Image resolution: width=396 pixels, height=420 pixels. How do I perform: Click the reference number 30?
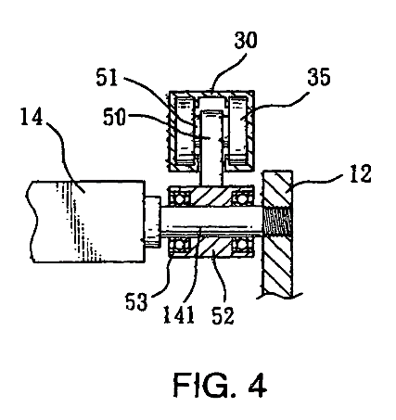(246, 40)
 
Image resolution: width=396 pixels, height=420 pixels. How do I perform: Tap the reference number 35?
(319, 77)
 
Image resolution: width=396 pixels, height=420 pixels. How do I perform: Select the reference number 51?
(107, 77)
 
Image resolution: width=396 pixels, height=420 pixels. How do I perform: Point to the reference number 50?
(114, 117)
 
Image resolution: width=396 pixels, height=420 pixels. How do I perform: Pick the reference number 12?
(361, 173)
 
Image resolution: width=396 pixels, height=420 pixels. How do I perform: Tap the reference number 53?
(136, 301)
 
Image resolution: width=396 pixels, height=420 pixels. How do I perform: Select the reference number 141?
(179, 314)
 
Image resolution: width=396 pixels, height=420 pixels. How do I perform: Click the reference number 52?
(223, 315)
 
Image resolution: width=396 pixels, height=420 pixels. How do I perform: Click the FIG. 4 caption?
(220, 386)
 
